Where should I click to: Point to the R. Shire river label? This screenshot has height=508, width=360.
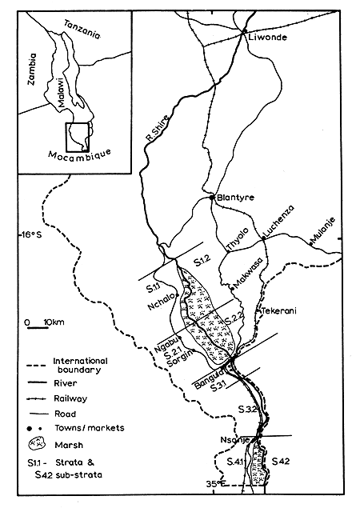point(159,126)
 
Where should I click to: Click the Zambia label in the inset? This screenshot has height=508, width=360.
point(33,72)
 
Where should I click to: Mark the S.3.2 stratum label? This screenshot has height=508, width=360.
point(246,410)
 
